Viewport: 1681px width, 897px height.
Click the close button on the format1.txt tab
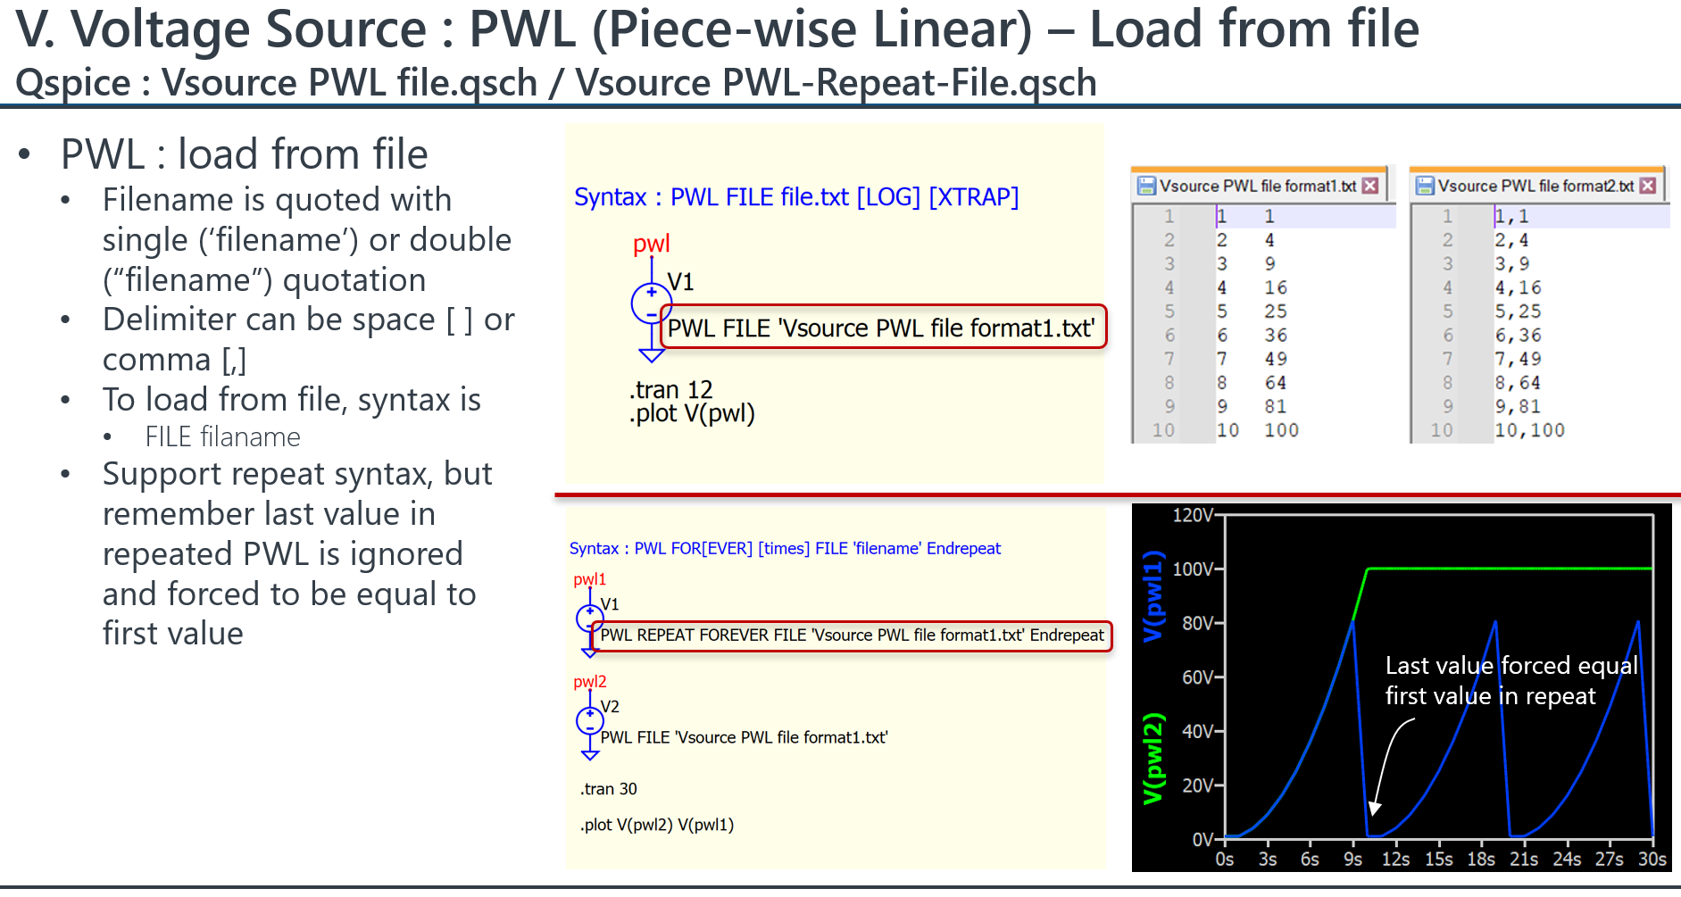click(x=1369, y=186)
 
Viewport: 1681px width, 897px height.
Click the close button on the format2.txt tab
click(x=1648, y=186)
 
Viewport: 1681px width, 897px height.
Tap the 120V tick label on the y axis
click(x=1194, y=515)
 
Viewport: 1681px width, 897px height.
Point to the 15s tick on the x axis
click(x=1438, y=859)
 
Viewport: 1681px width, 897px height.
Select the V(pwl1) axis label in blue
click(x=1153, y=596)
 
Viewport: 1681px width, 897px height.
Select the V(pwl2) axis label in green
click(x=1153, y=759)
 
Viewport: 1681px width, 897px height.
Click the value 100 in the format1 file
click(x=1281, y=430)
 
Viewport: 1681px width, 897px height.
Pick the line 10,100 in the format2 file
click(x=1529, y=430)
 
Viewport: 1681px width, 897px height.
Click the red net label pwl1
click(x=589, y=580)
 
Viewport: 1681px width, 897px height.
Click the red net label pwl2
click(x=589, y=682)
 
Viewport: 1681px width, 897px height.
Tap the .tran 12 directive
click(x=670, y=390)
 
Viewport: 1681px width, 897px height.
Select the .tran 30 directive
click(x=609, y=789)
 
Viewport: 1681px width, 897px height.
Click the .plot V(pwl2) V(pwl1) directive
click(x=657, y=825)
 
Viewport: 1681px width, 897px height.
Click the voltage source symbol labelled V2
click(x=589, y=720)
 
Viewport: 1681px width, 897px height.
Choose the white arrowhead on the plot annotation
click(x=1375, y=808)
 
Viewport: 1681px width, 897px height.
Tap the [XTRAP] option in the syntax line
click(x=974, y=197)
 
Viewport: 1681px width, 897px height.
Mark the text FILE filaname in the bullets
click(x=223, y=437)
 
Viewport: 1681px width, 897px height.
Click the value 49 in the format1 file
click(x=1276, y=359)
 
